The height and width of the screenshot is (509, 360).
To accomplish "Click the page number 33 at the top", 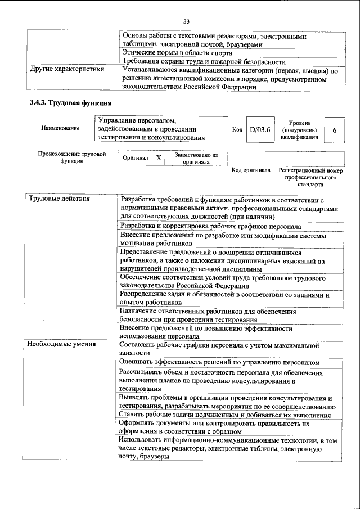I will [x=187, y=21].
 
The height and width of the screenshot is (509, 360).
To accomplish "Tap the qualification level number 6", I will [x=334, y=130].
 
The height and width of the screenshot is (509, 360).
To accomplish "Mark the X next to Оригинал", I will [x=158, y=158].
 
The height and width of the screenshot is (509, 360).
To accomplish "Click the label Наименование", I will [x=60, y=129].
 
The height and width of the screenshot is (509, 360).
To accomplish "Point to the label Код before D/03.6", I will [x=237, y=130].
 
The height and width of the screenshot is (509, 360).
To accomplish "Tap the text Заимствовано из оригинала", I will [x=196, y=158].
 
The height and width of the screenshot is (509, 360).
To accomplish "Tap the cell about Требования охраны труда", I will [x=204, y=61].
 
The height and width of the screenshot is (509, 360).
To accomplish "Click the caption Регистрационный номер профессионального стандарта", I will [x=314, y=177].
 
